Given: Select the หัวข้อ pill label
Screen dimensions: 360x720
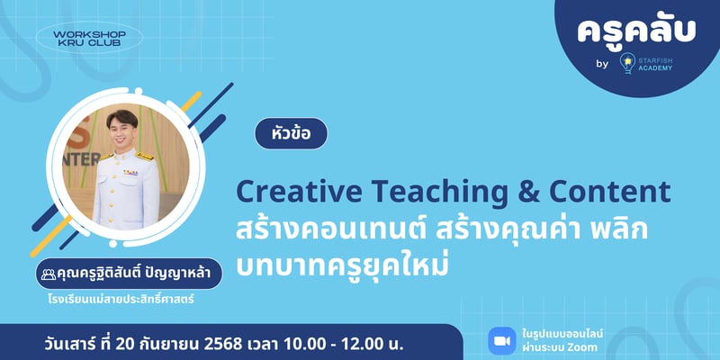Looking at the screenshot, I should point(291,132).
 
